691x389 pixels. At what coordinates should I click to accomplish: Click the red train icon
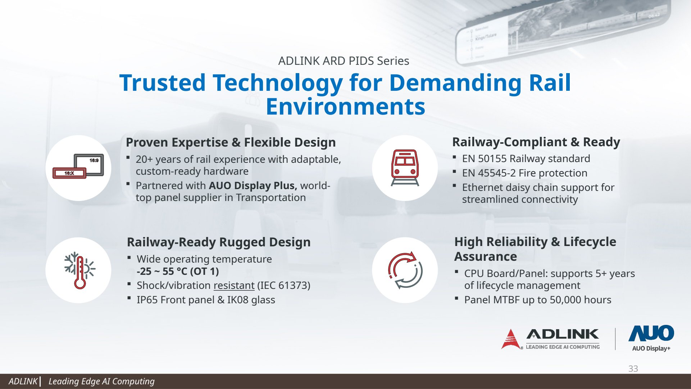coord(405,167)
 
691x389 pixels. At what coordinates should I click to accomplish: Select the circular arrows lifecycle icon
coord(405,270)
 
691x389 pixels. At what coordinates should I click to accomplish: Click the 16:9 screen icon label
coord(94,160)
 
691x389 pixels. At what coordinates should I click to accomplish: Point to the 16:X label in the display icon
coord(69,173)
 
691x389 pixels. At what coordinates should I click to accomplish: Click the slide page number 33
coord(633,368)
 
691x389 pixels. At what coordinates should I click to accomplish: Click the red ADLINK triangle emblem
coord(511,339)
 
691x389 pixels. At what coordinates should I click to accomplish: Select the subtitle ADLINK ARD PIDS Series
coord(344,61)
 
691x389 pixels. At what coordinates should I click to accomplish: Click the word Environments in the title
coord(345,107)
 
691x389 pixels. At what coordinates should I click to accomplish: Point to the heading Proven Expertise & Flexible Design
coord(231,142)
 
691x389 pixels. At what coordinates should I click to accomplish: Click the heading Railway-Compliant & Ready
coord(536,142)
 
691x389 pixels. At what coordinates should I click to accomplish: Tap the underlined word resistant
coord(234,285)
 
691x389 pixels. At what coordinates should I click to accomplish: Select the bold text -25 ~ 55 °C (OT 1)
coord(178,271)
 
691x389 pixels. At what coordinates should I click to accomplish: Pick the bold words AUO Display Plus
coord(253,185)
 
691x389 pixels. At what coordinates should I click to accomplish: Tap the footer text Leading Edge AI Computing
coord(101,381)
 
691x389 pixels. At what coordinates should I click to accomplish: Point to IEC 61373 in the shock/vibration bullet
coord(284,285)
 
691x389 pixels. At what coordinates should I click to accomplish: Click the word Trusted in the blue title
coord(163,82)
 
